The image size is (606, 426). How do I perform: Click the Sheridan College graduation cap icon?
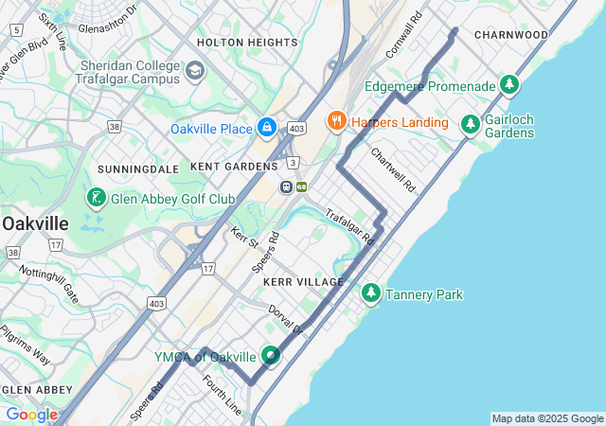[195, 71]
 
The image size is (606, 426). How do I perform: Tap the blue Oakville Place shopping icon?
[267, 128]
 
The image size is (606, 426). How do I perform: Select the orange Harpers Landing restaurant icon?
[335, 121]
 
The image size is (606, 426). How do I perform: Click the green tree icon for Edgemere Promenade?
[510, 86]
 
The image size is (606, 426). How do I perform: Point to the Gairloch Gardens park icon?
[470, 124]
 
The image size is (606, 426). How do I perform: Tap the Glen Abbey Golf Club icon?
[96, 199]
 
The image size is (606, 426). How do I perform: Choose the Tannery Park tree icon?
[371, 294]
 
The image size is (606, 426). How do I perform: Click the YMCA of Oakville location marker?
[272, 356]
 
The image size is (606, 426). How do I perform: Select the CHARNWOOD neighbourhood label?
[511, 35]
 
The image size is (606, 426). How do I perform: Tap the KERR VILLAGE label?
[304, 283]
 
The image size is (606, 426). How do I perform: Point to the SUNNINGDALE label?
[138, 169]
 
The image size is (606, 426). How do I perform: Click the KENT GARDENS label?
[234, 166]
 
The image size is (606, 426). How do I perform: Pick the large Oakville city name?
[35, 223]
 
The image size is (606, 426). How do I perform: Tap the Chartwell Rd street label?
[393, 169]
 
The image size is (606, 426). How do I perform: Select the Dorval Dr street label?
[285, 319]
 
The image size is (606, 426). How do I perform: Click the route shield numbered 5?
[16, 30]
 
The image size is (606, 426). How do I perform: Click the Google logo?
[31, 415]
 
